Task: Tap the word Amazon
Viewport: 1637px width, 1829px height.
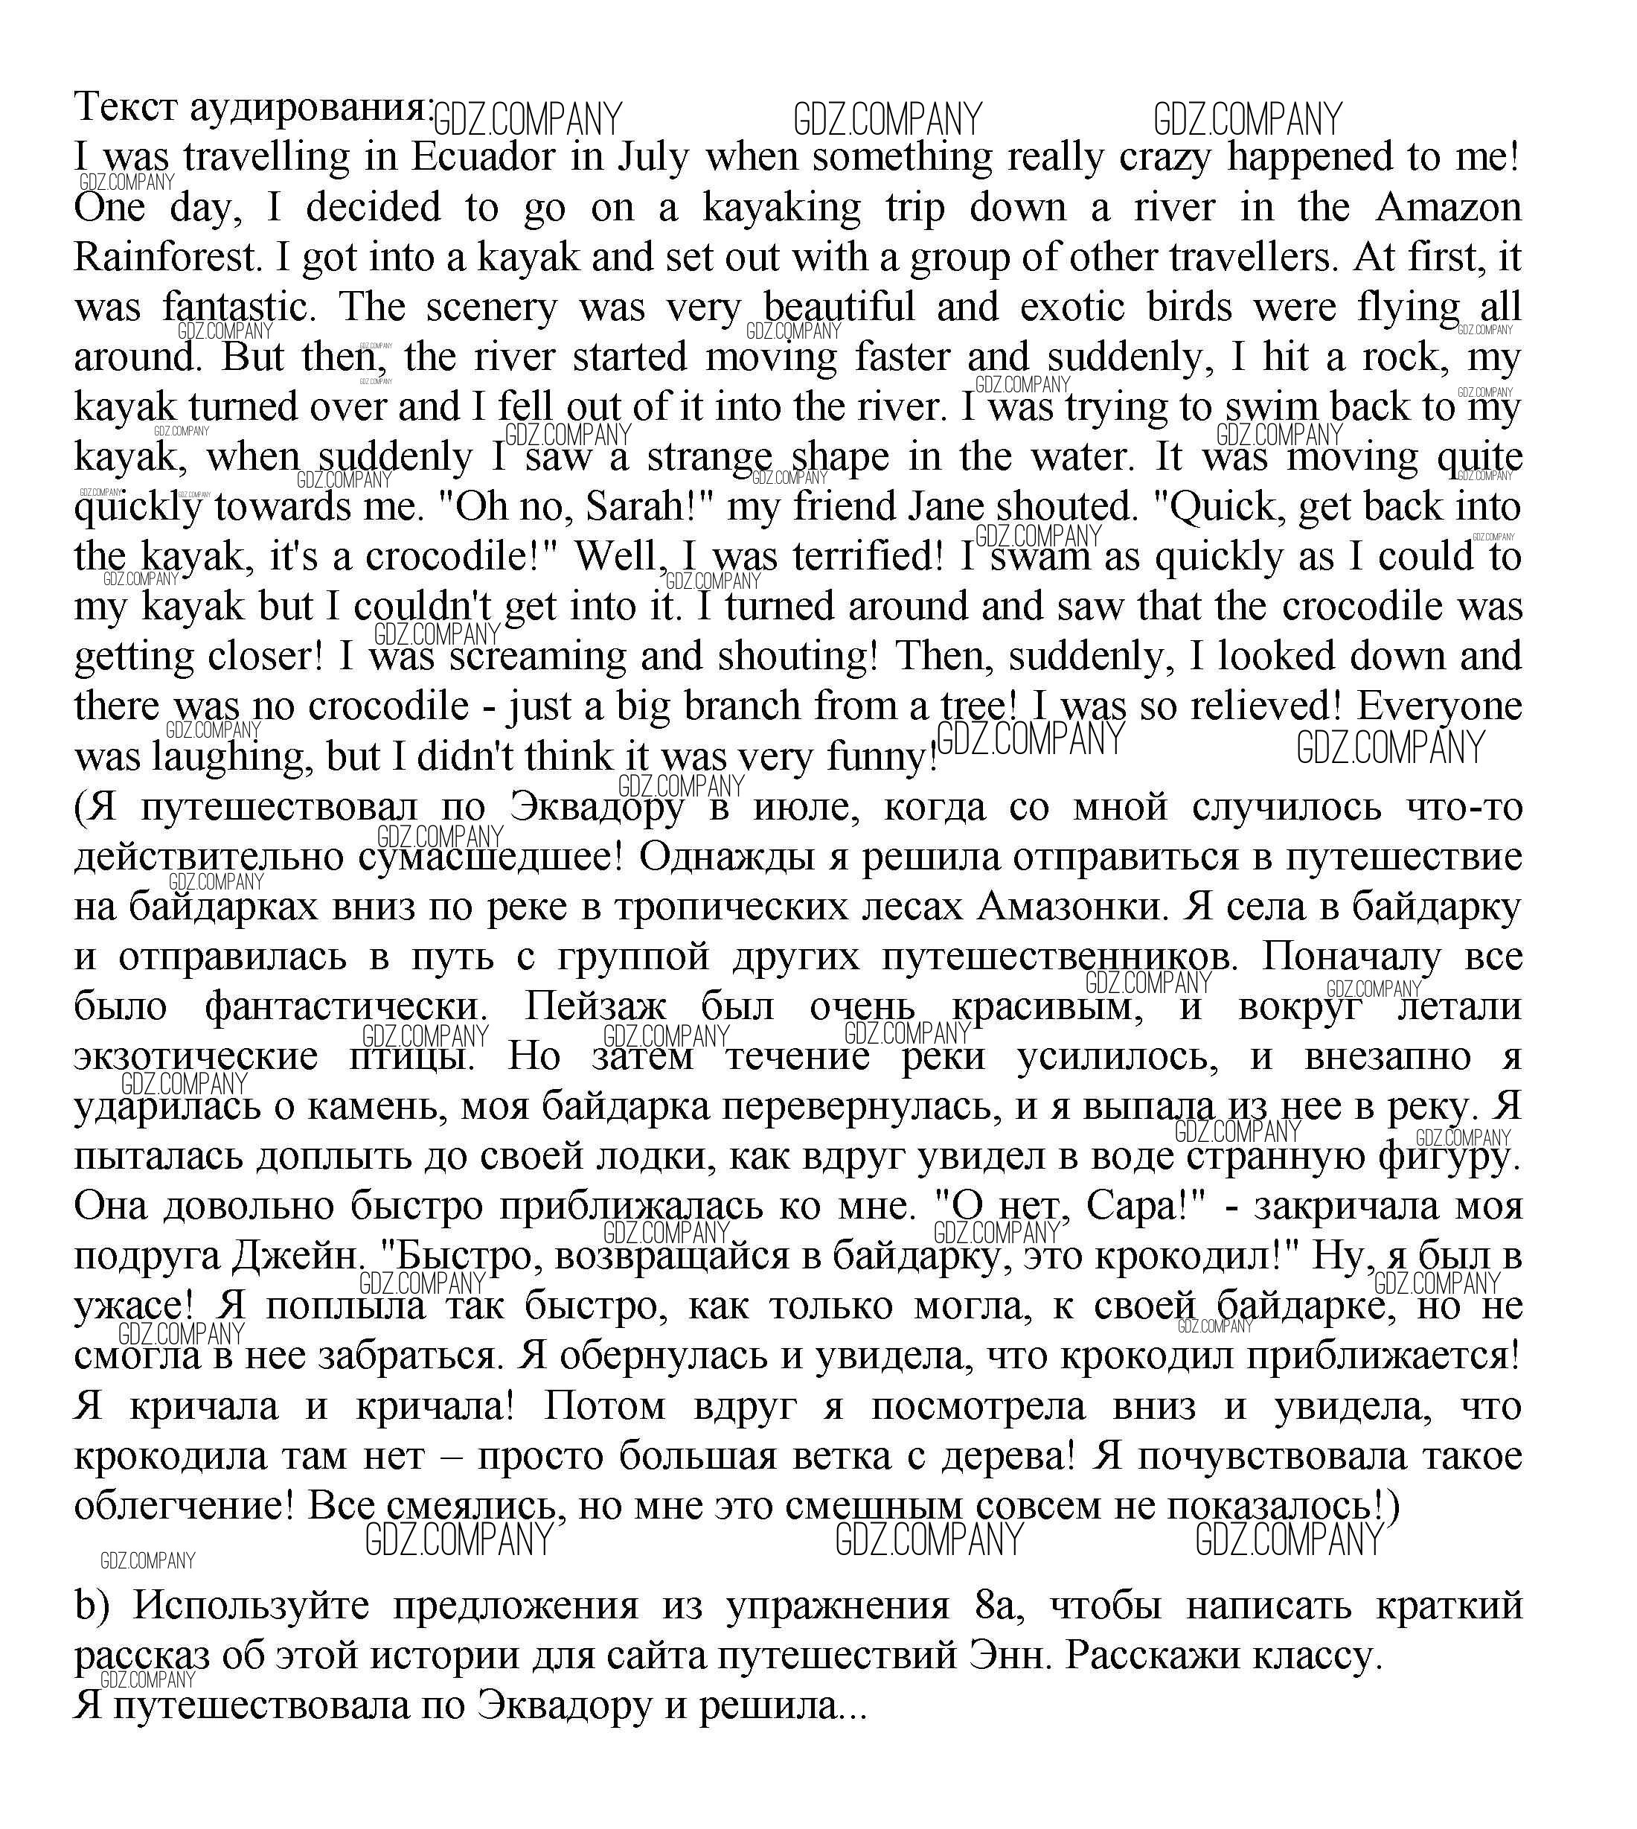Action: coord(1447,208)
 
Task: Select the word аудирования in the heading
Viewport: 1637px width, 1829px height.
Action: coord(312,108)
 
